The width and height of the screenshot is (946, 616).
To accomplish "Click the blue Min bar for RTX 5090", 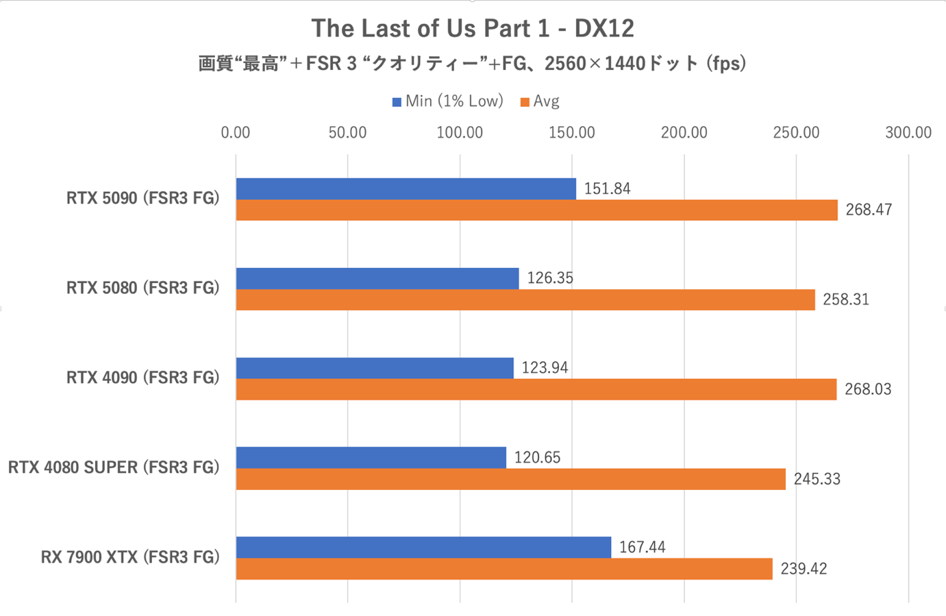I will click(x=406, y=189).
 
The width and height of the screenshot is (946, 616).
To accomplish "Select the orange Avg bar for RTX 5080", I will click(x=525, y=299).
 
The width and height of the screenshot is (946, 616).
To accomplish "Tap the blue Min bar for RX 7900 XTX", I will click(x=423, y=547).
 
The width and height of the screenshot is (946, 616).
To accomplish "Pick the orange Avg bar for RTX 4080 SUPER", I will click(x=510, y=479).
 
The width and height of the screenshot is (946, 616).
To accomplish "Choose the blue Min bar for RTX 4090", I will click(x=375, y=368).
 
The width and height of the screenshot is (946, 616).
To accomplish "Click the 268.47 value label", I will click(x=869, y=210).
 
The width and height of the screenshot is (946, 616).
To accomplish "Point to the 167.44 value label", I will click(x=642, y=547).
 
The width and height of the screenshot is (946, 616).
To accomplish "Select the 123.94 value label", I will click(x=545, y=368).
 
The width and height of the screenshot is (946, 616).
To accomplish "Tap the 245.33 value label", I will click(x=817, y=479).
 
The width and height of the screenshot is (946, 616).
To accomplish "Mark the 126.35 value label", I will click(x=550, y=278).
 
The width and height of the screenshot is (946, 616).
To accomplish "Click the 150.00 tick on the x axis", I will click(x=572, y=133).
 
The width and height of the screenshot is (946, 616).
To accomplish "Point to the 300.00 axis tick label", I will click(x=908, y=133).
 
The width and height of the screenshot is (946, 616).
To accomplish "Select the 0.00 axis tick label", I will click(x=236, y=133).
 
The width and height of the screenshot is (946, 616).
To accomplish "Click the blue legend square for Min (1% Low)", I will click(x=397, y=102).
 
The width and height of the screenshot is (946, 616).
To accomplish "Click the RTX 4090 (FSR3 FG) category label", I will click(x=142, y=378).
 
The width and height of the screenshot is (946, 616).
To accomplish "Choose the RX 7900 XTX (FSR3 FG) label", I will click(x=130, y=557).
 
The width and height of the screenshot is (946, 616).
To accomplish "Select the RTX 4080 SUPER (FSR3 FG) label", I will click(x=114, y=467).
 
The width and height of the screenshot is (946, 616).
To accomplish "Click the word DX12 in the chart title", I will click(x=604, y=29).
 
